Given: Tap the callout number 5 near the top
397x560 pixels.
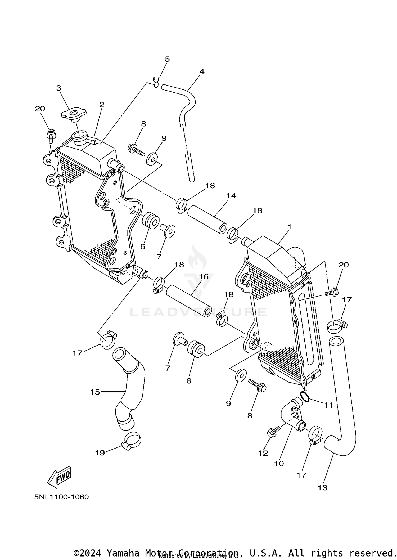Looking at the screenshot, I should pyautogui.click(x=167, y=59).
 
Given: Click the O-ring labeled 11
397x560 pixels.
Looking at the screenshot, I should pyautogui.click(x=305, y=397).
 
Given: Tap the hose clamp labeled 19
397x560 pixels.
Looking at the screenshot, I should pyautogui.click(x=132, y=441).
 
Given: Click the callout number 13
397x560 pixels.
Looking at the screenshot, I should pyautogui.click(x=322, y=487).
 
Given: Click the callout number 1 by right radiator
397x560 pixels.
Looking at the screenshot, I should pyautogui.click(x=289, y=227).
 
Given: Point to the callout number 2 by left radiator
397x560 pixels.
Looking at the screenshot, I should pyautogui.click(x=102, y=105).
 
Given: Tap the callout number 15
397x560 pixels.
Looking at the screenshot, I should pyautogui.click(x=95, y=392).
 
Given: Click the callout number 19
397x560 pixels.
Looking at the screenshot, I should pyautogui.click(x=100, y=453).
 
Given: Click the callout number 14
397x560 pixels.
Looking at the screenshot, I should pyautogui.click(x=231, y=196).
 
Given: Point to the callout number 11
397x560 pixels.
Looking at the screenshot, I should pyautogui.click(x=328, y=405).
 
